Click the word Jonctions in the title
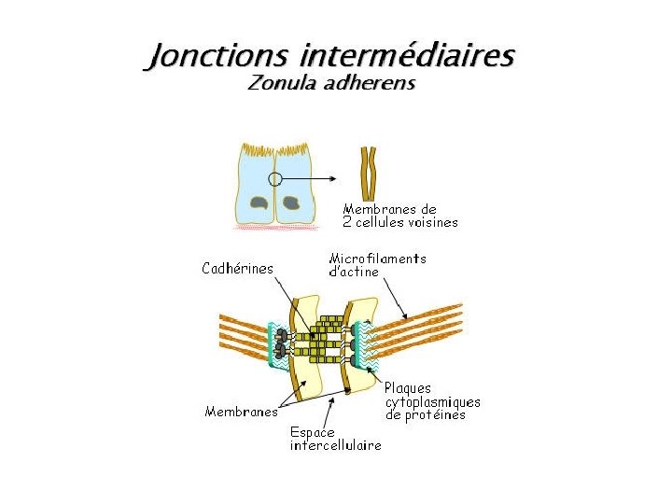tap(217, 56)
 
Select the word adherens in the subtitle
tap(370, 84)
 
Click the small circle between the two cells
tap(274, 178)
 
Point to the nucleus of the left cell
tap(258, 202)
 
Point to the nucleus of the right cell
tap(291, 202)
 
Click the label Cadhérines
tap(238, 269)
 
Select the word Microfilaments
tap(377, 259)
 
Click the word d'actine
tap(354, 272)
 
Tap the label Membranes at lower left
tap(242, 412)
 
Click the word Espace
tap(312, 433)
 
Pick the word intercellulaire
tap(335, 446)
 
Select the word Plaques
tap(409, 388)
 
